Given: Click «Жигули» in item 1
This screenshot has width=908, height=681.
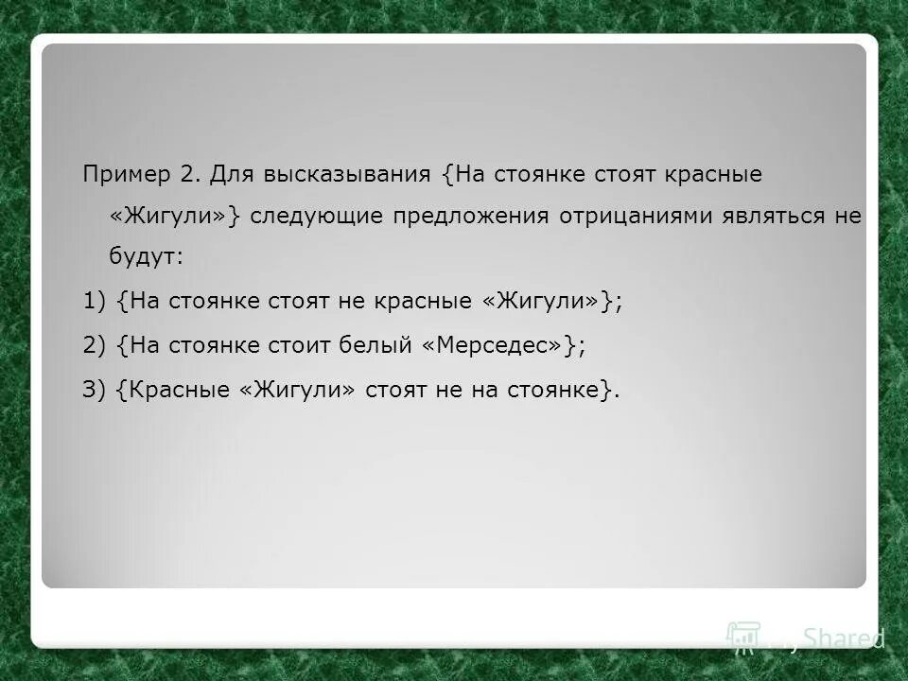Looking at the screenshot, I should [x=544, y=301].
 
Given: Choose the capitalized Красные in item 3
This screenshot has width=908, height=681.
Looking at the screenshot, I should [x=184, y=391].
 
